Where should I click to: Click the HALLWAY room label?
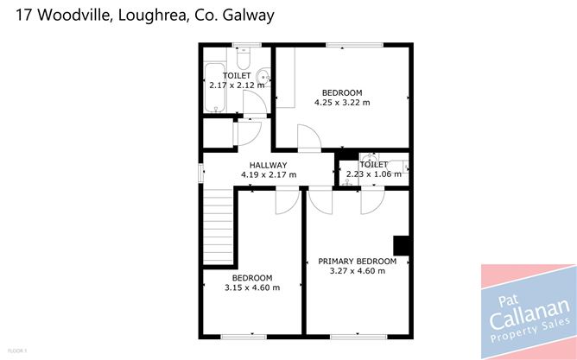(x=268, y=165)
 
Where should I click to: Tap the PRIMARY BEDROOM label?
(x=357, y=262)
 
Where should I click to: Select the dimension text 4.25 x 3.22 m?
(x=342, y=103)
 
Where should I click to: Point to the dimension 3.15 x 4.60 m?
(x=252, y=287)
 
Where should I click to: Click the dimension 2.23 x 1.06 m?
(x=373, y=174)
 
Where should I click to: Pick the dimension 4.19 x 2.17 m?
(x=269, y=174)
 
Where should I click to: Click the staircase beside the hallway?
(x=219, y=226)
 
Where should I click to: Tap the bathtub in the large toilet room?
(x=215, y=87)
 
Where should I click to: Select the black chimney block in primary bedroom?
(x=401, y=246)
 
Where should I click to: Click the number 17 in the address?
(x=24, y=16)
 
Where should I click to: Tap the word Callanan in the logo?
(x=529, y=313)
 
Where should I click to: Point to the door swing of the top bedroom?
(x=309, y=138)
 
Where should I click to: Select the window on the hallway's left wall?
(x=201, y=174)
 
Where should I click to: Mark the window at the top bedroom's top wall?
(x=355, y=45)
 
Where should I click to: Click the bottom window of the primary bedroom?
(x=358, y=337)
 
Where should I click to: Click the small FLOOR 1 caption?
(x=17, y=351)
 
